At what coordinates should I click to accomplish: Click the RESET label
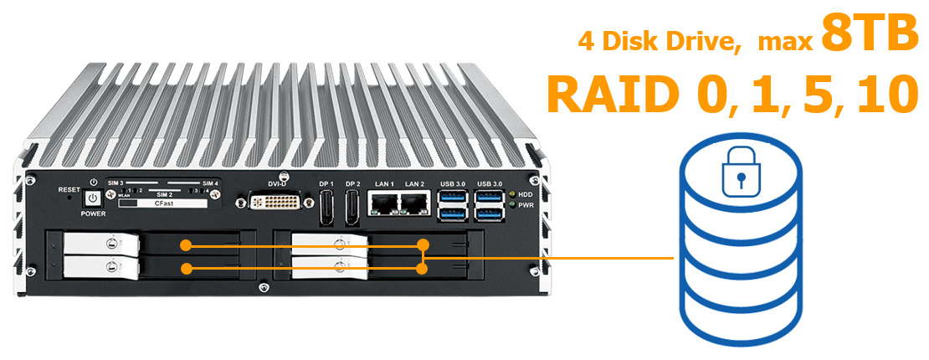[69, 189]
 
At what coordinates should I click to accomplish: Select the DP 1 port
[327, 208]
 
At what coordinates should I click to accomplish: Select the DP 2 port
[353, 208]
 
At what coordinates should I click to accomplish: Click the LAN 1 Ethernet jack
[385, 204]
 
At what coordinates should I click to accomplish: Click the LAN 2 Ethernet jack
[415, 204]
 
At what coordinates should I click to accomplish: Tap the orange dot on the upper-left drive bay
[187, 245]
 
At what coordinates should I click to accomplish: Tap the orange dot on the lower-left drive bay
[187, 269]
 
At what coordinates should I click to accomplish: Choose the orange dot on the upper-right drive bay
[423, 245]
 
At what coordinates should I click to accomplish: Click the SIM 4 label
[211, 183]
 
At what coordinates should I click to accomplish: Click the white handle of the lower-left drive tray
[100, 267]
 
